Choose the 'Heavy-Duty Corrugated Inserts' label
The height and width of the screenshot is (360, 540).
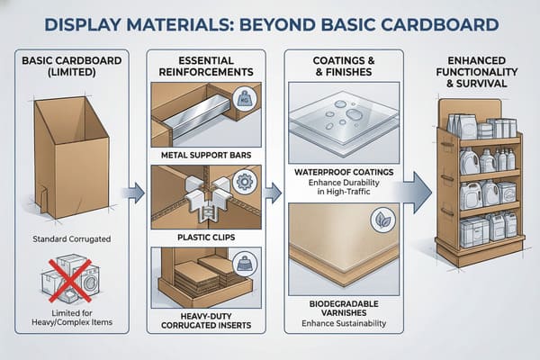208,321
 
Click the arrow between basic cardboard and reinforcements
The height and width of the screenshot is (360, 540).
135,191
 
